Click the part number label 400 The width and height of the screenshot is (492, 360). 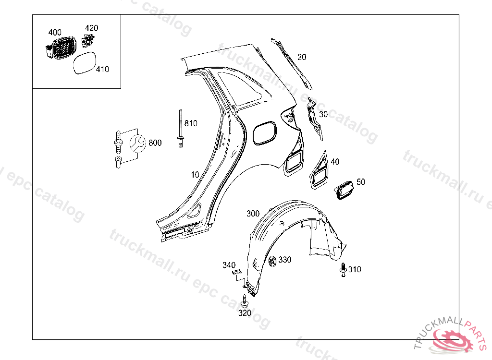(x=55, y=32)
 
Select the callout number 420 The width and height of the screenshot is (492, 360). (x=91, y=28)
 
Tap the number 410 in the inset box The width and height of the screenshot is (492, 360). (x=102, y=69)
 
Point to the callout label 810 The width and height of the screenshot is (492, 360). (x=191, y=123)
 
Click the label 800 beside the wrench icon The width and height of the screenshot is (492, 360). (x=155, y=143)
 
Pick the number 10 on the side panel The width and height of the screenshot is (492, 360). (x=195, y=175)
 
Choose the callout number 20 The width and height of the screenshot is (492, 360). (x=302, y=57)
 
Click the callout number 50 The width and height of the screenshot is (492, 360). (x=361, y=182)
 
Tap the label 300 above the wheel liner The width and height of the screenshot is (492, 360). (x=253, y=213)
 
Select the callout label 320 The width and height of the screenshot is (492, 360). (x=245, y=313)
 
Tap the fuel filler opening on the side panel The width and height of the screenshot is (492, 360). (x=264, y=132)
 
